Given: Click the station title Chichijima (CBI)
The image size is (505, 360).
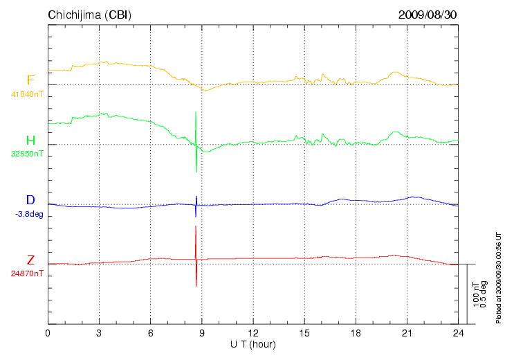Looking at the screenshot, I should tap(89, 15).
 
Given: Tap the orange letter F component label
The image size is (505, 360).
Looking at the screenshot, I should tap(30, 80).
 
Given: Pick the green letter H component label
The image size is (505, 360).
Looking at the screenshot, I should tap(30, 141).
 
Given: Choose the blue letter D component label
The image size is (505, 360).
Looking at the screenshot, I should tap(30, 201).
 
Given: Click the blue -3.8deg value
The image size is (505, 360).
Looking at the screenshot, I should tap(29, 214).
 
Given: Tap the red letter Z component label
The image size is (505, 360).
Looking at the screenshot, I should tap(30, 260).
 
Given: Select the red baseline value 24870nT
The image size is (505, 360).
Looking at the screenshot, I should tap(27, 273).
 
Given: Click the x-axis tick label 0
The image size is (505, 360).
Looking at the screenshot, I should tap(48, 334).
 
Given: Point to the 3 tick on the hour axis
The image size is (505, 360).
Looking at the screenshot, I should tap(99, 334).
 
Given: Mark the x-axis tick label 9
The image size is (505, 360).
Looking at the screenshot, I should tap(202, 334).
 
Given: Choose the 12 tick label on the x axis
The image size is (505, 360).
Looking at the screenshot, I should tap(253, 334).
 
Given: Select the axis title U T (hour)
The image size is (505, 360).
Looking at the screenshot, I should tap(253, 344).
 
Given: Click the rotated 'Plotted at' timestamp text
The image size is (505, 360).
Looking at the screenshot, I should tap(498, 277).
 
